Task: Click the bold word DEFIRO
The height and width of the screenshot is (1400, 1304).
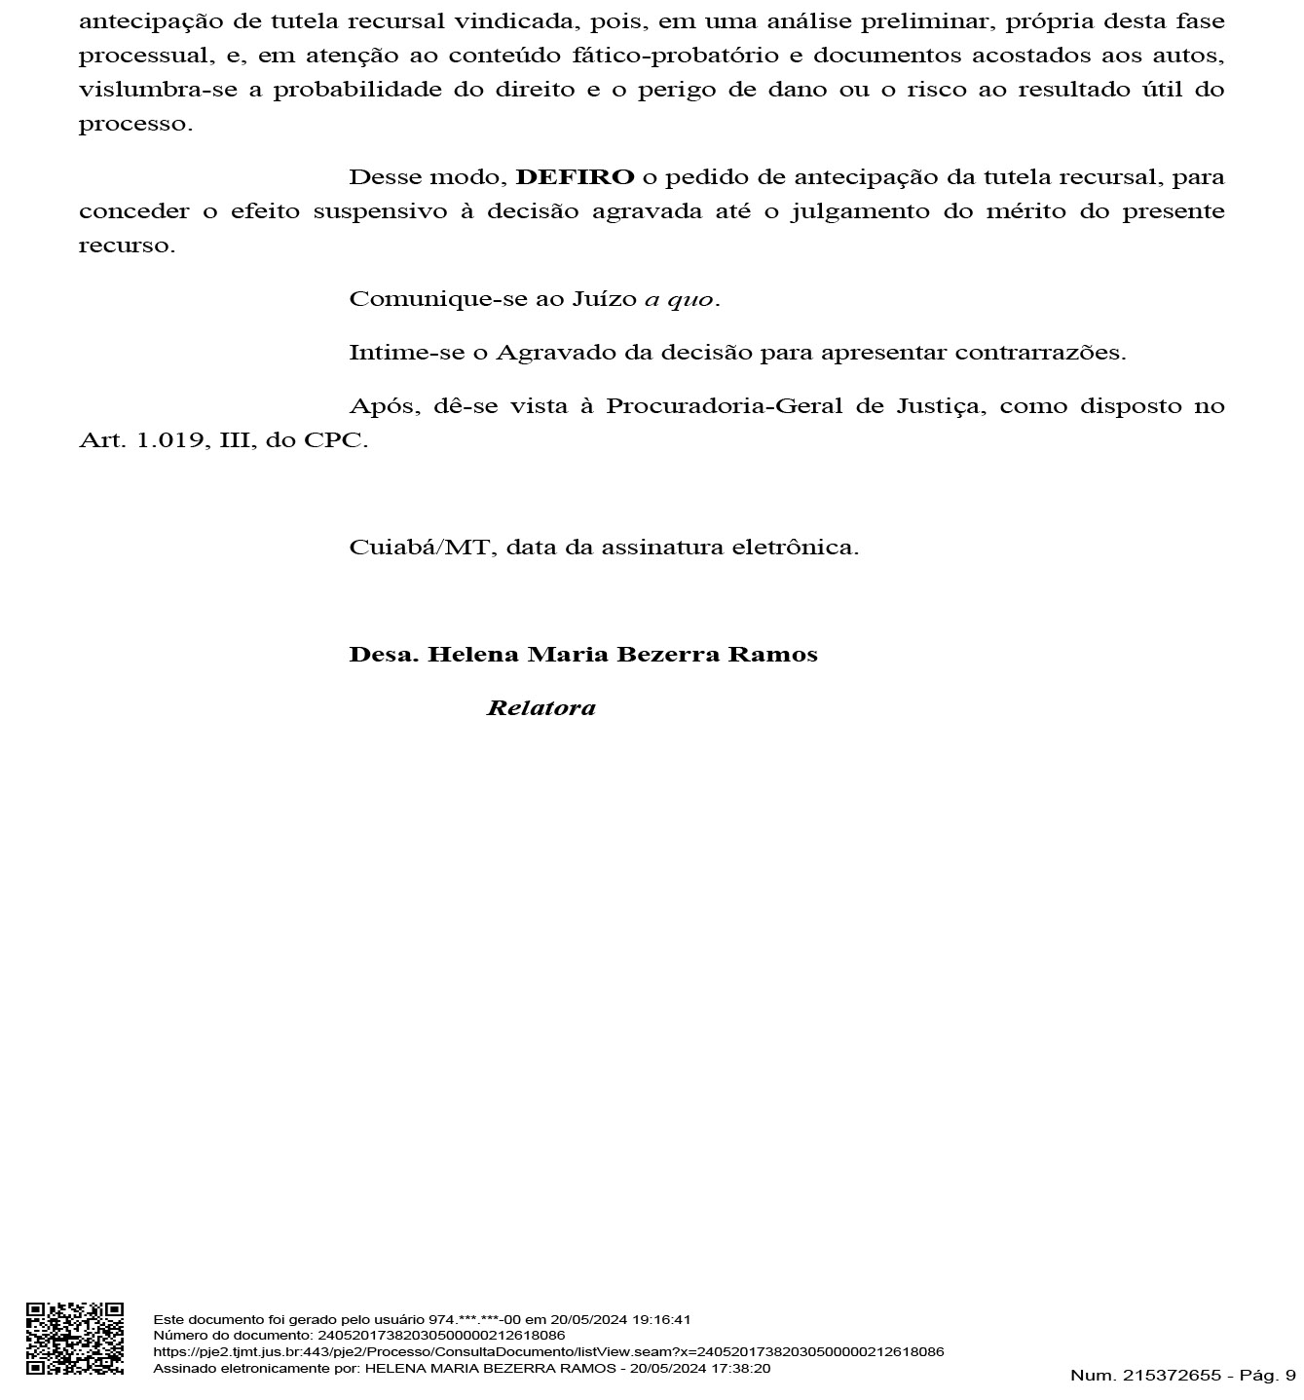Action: [575, 177]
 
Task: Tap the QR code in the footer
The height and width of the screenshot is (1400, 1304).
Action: [74, 1338]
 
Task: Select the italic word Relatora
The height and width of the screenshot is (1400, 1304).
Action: [540, 708]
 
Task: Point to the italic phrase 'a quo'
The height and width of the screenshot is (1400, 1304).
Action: [679, 299]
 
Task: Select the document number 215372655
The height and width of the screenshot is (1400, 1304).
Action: [1172, 1376]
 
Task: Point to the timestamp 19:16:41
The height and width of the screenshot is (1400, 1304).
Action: [661, 1320]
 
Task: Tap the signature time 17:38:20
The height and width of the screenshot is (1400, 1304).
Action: [741, 1369]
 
